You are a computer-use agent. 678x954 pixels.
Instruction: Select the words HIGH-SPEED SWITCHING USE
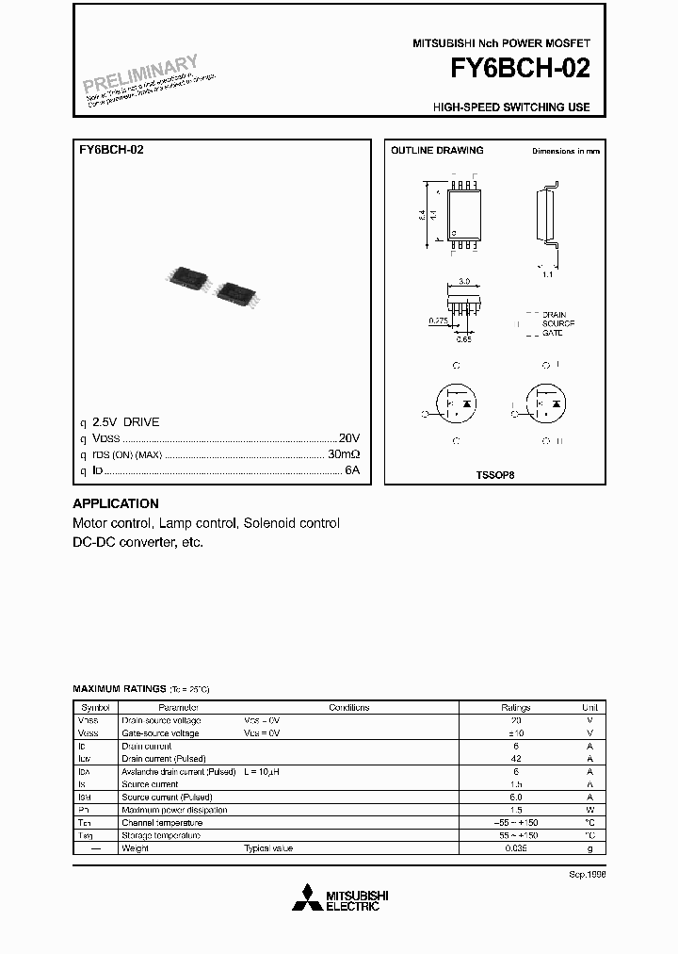coord(511,107)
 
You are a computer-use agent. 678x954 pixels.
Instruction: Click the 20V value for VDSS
coord(349,438)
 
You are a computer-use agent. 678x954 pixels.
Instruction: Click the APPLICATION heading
coord(116,503)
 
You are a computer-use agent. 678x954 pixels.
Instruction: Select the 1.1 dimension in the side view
coord(547,275)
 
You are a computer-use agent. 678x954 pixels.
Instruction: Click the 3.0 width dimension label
coord(463,281)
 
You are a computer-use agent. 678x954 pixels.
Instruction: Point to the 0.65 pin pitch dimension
coord(464,338)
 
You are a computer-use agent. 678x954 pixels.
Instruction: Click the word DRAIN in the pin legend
coord(554,315)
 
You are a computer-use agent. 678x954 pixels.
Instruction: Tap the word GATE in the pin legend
coord(552,334)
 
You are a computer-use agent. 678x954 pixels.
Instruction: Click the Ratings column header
coord(515,707)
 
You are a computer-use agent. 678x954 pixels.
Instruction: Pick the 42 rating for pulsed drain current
coord(515,758)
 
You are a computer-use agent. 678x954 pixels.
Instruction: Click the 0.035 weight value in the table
coord(515,847)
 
